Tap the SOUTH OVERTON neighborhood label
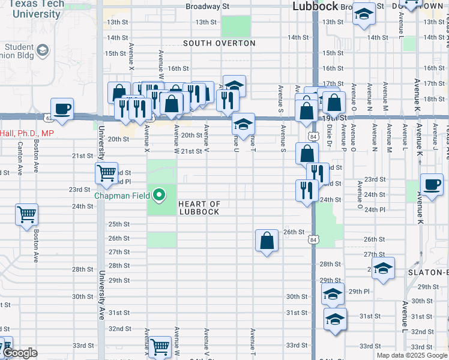[219, 43]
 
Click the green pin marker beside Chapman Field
[159, 194]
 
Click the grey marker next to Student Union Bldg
[43, 50]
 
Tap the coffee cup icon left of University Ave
[62, 109]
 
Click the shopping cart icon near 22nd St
[106, 173]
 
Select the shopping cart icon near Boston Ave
[26, 214]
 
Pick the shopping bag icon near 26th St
[267, 241]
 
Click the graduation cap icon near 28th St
[382, 269]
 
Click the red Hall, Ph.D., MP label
[27, 133]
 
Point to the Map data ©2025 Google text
[411, 355]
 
